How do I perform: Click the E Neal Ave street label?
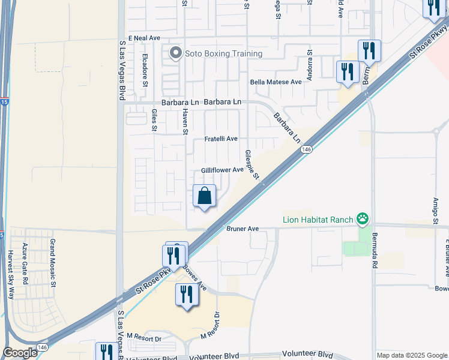(x=143, y=38)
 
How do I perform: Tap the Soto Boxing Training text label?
(x=224, y=54)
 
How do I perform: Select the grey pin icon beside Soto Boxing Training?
(x=175, y=54)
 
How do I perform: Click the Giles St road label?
(x=154, y=120)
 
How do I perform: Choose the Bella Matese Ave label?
(x=276, y=82)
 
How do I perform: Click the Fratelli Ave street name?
(x=222, y=139)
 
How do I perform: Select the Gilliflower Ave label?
(x=222, y=170)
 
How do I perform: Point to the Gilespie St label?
(x=252, y=165)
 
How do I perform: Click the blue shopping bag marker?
(x=205, y=196)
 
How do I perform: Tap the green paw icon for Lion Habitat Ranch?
(x=362, y=219)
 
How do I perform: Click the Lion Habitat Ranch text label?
(x=318, y=220)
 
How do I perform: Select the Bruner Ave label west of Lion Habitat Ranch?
(x=243, y=229)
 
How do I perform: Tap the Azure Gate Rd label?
(x=25, y=263)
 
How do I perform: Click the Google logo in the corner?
(x=20, y=353)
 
